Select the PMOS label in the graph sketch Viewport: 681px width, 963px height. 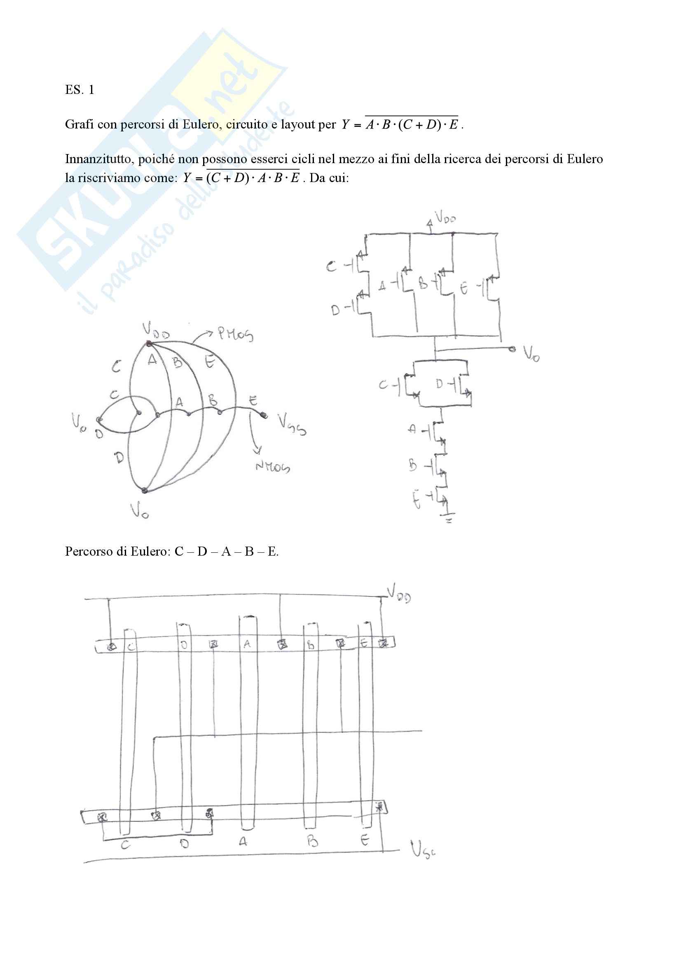tap(235, 334)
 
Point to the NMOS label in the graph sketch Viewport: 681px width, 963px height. tap(273, 466)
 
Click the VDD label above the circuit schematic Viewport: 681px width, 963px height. tap(445, 217)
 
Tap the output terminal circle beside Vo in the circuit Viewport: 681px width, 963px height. tap(512, 349)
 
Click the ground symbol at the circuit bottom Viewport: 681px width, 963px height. tap(449, 519)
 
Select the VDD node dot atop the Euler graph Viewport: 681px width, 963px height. tap(149, 344)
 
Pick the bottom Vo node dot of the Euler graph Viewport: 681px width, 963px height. tap(144, 490)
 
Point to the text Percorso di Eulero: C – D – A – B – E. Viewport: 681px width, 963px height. tap(172, 551)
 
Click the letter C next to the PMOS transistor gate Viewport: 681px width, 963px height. tap(332, 266)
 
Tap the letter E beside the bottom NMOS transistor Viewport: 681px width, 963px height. tap(416, 500)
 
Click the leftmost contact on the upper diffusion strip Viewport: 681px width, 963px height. tap(112, 646)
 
